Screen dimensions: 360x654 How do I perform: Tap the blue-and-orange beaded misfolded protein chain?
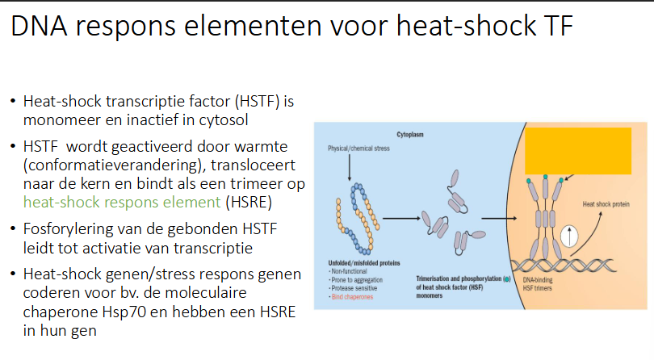point(353,218)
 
